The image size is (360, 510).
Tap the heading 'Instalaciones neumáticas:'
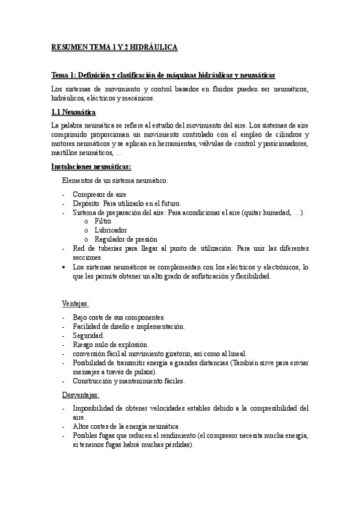tap(91, 166)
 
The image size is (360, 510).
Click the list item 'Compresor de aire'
tap(96, 195)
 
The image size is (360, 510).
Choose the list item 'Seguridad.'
tap(88, 335)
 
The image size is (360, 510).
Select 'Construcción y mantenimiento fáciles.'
tap(129, 381)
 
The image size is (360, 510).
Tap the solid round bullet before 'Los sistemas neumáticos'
tap(64, 266)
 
